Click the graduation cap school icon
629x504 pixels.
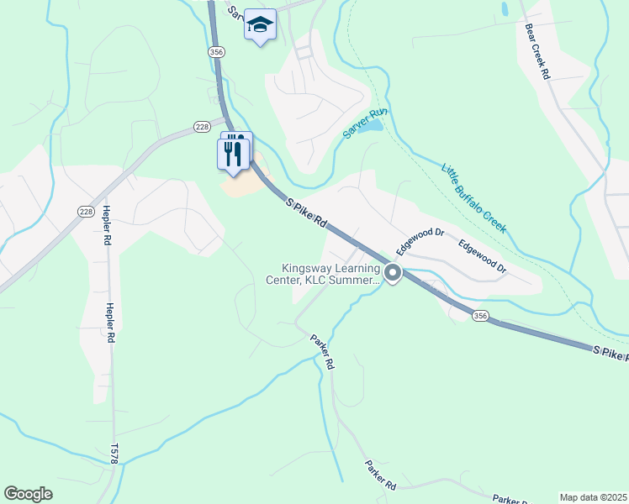coord(261,26)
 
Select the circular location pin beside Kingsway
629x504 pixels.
coord(393,273)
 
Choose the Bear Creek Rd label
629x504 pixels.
coord(536,50)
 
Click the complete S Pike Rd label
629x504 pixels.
coord(306,214)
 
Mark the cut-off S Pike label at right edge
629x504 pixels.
coord(610,354)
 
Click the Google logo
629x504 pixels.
coord(28,494)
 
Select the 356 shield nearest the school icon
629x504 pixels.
coord(217,52)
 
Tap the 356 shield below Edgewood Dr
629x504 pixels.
coord(479,316)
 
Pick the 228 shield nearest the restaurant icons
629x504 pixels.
coord(201,126)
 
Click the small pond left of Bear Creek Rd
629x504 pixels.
coord(504,10)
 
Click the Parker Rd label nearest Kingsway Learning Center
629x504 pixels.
coord(322,353)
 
